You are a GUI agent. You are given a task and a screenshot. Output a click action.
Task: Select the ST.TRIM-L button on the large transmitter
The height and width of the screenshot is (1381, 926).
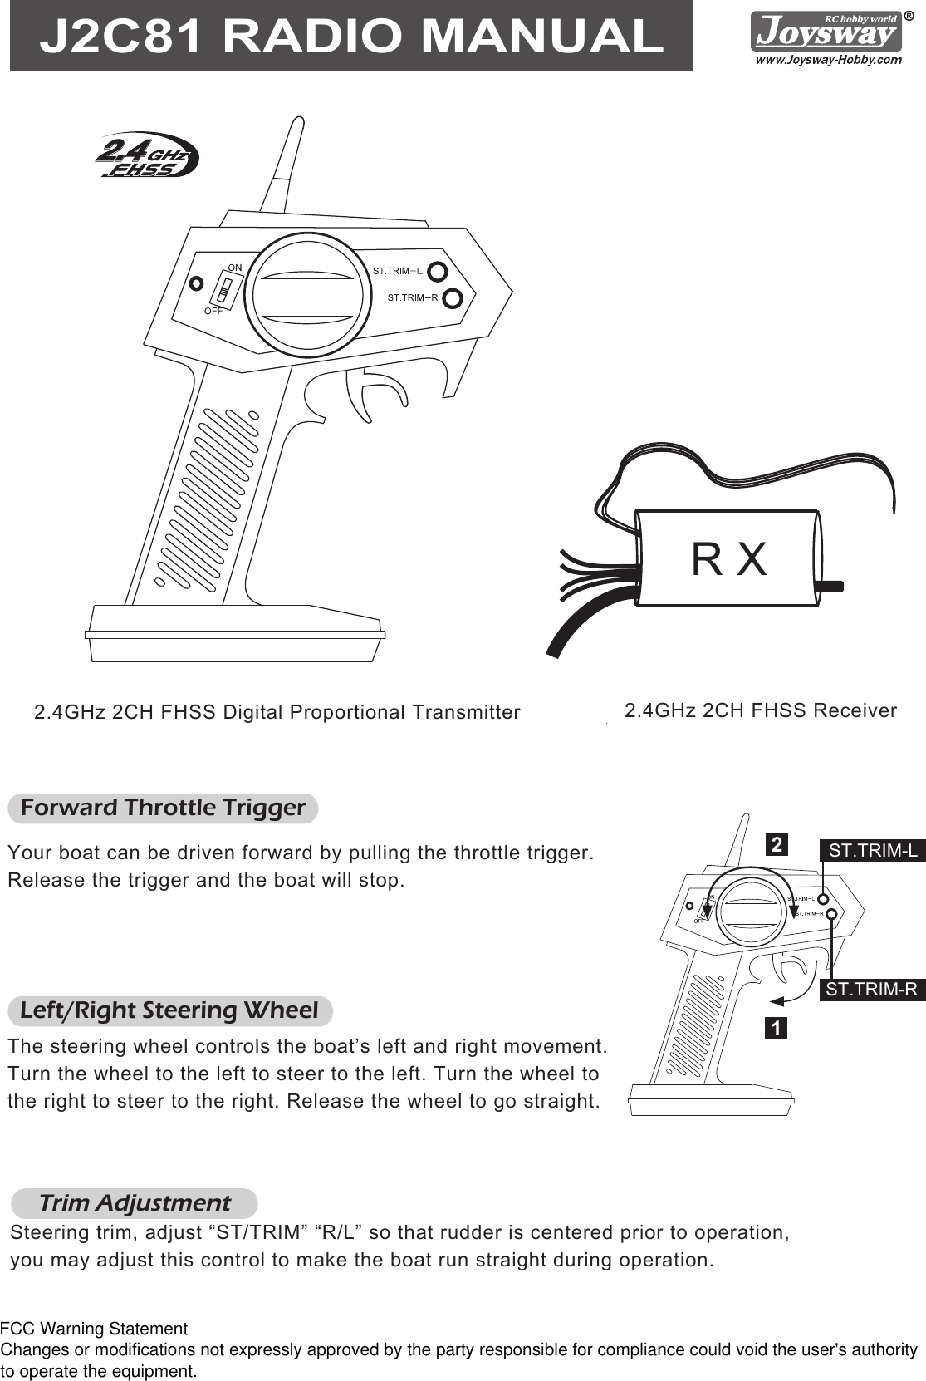(438, 272)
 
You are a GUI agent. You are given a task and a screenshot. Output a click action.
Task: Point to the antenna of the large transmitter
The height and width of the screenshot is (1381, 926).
(282, 166)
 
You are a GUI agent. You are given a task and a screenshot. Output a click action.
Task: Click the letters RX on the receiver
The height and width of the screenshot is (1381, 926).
(729, 559)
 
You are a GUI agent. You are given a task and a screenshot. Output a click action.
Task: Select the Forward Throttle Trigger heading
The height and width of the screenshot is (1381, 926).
(163, 808)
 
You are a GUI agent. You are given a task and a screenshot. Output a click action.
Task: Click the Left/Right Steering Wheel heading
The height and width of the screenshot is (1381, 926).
(169, 1010)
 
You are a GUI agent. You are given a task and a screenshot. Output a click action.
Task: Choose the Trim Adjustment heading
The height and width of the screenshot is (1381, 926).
(135, 1202)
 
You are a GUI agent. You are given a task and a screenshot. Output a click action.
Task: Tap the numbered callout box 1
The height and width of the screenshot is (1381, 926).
(775, 1029)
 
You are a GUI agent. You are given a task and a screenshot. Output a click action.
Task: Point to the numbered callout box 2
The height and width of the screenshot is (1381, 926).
(776, 845)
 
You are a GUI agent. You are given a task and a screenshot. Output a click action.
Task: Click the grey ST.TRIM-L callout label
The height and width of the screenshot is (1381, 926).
(873, 850)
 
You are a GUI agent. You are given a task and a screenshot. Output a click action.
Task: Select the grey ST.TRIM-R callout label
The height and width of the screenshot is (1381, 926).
(872, 990)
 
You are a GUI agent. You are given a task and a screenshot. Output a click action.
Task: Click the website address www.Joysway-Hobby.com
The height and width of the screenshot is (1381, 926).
(827, 60)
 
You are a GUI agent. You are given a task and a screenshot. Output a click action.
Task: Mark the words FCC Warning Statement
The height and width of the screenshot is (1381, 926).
(94, 1329)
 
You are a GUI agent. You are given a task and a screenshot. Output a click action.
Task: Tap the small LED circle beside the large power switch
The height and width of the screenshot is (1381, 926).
(196, 283)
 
